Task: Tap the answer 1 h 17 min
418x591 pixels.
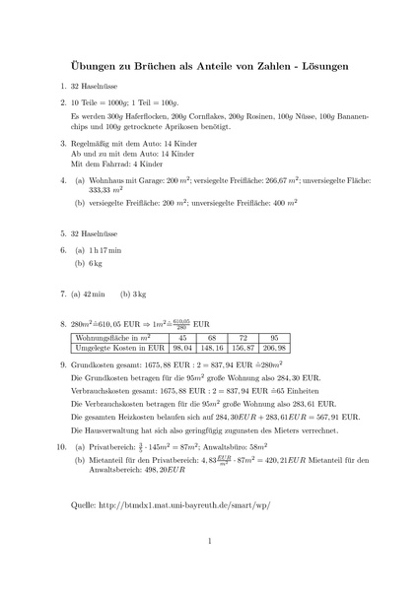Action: pos(106,251)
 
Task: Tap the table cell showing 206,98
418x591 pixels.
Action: pos(275,348)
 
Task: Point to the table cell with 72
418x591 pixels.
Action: pos(244,337)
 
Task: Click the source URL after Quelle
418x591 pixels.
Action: pos(184,504)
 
